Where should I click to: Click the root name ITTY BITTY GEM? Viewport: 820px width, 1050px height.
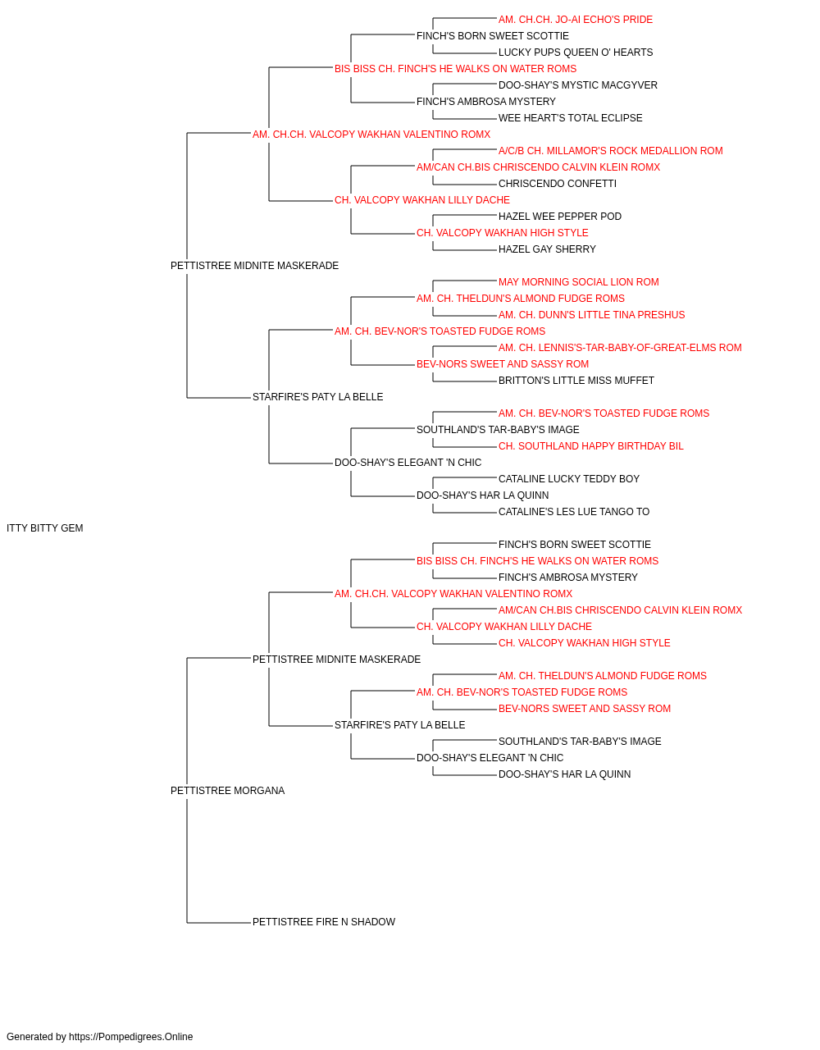(45, 528)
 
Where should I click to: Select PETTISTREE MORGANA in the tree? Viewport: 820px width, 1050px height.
(227, 791)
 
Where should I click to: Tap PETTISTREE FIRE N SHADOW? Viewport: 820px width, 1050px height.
(324, 922)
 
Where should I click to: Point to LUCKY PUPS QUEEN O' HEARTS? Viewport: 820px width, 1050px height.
(576, 52)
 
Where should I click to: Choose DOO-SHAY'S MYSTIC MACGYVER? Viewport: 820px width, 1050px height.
(578, 85)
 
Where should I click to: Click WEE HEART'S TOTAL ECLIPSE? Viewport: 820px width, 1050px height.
(571, 118)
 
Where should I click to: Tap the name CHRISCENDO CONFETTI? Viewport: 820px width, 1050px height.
(558, 184)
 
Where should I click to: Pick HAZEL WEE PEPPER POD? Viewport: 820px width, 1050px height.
(560, 217)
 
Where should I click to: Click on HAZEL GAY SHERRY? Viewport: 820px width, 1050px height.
(547, 249)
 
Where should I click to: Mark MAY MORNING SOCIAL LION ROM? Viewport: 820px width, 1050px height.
(579, 282)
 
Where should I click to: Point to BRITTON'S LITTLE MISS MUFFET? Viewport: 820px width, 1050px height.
(576, 381)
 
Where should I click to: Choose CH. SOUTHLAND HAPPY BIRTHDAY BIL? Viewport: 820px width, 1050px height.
(591, 446)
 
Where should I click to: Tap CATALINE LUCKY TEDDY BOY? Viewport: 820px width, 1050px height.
(569, 479)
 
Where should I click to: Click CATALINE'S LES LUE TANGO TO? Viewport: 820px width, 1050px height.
(574, 512)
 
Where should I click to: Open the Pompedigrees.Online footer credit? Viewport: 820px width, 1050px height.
(99, 1037)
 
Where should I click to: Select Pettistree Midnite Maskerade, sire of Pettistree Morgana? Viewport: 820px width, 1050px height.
(336, 659)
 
